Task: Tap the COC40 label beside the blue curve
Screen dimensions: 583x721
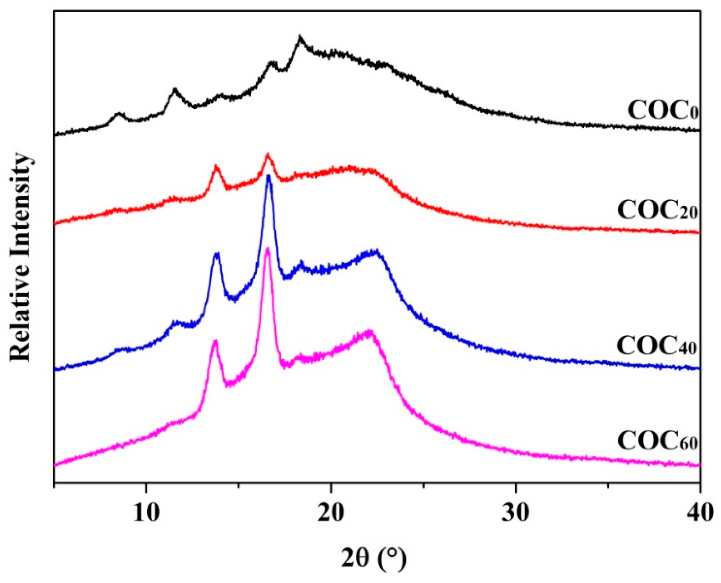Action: coord(656,346)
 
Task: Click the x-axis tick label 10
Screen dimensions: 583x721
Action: coord(146,513)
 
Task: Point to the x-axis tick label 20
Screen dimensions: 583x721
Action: coord(331,513)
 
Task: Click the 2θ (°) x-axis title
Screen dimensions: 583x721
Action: coord(373,558)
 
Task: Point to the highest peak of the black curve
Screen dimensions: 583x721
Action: coord(300,36)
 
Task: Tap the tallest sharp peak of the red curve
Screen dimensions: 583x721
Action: coord(268,154)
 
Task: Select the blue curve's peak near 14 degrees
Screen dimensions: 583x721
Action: coord(217,253)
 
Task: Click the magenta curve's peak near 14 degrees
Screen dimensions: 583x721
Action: coord(215,341)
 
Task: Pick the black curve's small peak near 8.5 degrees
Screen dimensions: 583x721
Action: coord(119,113)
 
